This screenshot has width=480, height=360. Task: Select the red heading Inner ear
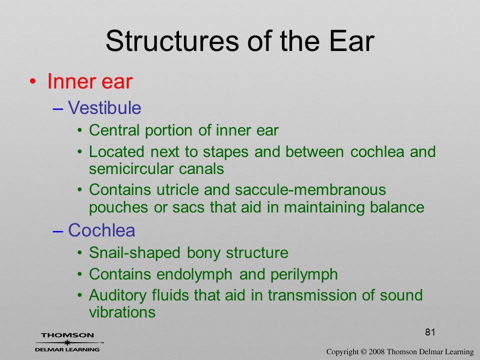(89, 81)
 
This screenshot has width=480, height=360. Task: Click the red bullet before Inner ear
(33, 81)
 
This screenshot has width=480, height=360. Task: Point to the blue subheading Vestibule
(104, 108)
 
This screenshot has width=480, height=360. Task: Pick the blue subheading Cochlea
(101, 230)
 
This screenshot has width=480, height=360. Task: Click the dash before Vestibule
(58, 108)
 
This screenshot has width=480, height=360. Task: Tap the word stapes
(225, 152)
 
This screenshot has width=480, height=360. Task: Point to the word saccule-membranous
(310, 190)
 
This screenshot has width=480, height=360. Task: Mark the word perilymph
(304, 274)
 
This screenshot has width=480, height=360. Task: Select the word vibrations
(122, 312)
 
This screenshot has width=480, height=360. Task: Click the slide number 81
(430, 332)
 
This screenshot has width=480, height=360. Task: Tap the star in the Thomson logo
(67, 342)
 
